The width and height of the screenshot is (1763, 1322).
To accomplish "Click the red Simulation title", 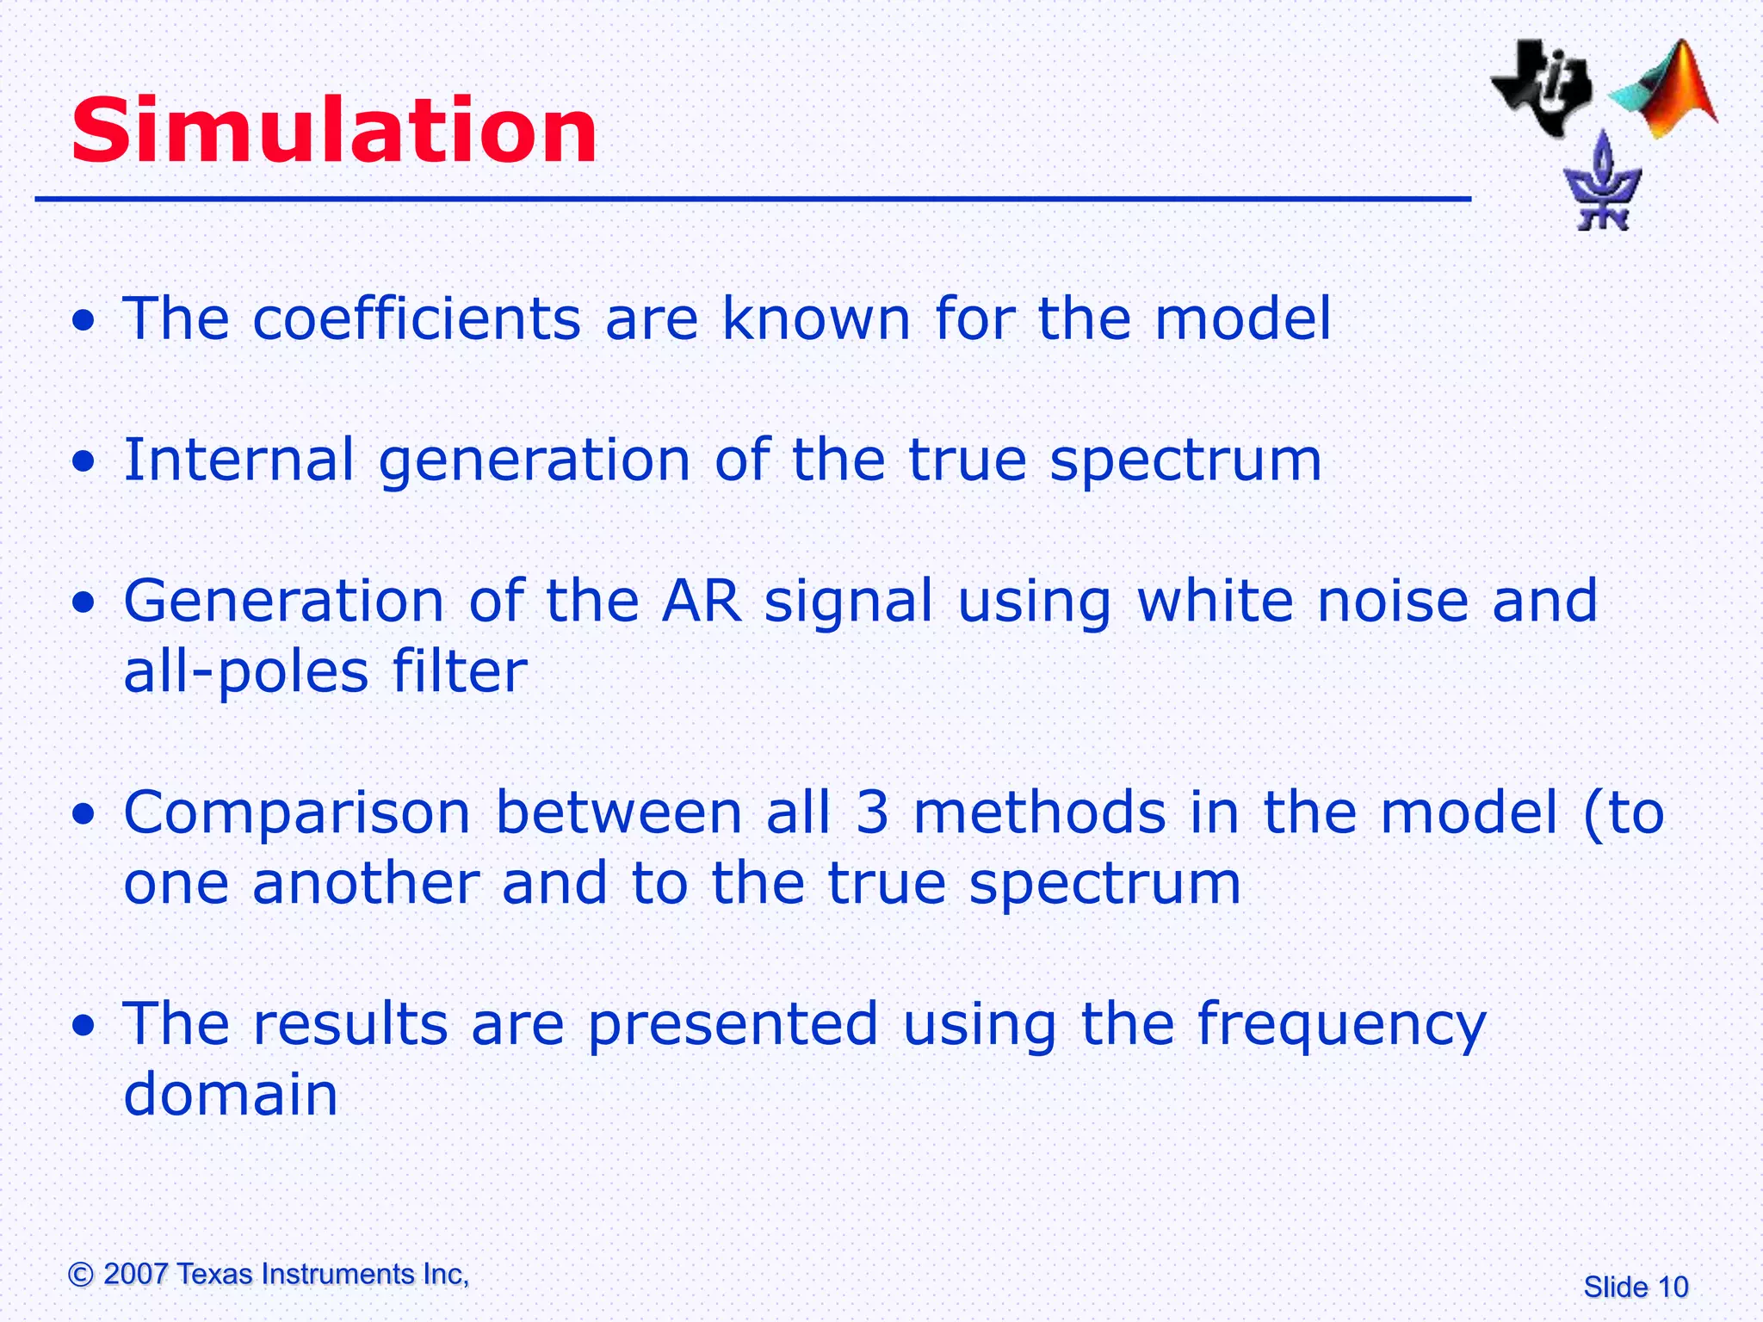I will [x=334, y=131].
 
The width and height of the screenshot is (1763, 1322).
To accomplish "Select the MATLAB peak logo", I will [x=1666, y=90].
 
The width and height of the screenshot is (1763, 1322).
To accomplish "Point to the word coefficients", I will [x=417, y=318].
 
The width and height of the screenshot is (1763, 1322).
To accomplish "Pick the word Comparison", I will [x=297, y=813].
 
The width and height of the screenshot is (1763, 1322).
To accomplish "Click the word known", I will [x=815, y=318].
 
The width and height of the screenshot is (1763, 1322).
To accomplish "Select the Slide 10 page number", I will [x=1636, y=1287].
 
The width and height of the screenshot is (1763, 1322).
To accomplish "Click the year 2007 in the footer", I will [x=135, y=1274].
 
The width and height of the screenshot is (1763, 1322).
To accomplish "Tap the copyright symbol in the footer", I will [x=81, y=1274].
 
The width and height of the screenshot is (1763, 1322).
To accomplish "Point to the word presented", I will [x=733, y=1024].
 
